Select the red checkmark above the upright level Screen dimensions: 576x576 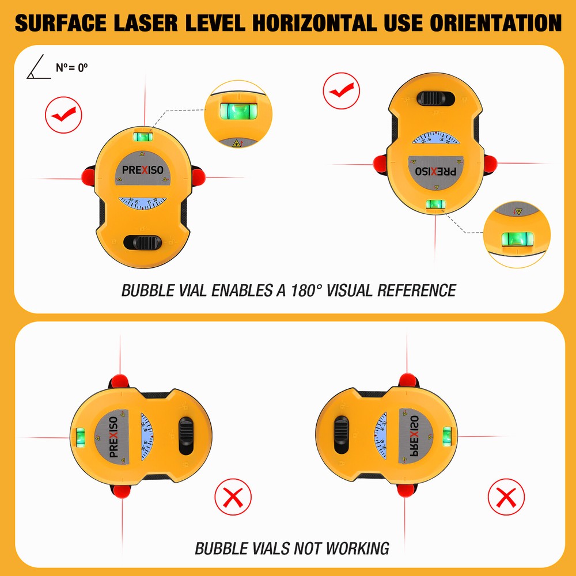pyautogui.click(x=63, y=115)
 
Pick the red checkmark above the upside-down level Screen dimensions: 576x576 pyautogui.click(x=342, y=91)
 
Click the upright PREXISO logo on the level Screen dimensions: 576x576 pyautogui.click(x=142, y=170)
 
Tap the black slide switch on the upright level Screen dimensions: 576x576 pyautogui.click(x=144, y=241)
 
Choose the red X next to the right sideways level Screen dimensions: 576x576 pyautogui.click(x=506, y=497)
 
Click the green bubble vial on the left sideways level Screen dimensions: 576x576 pyautogui.click(x=81, y=437)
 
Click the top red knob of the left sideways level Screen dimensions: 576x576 pyautogui.click(x=120, y=381)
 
